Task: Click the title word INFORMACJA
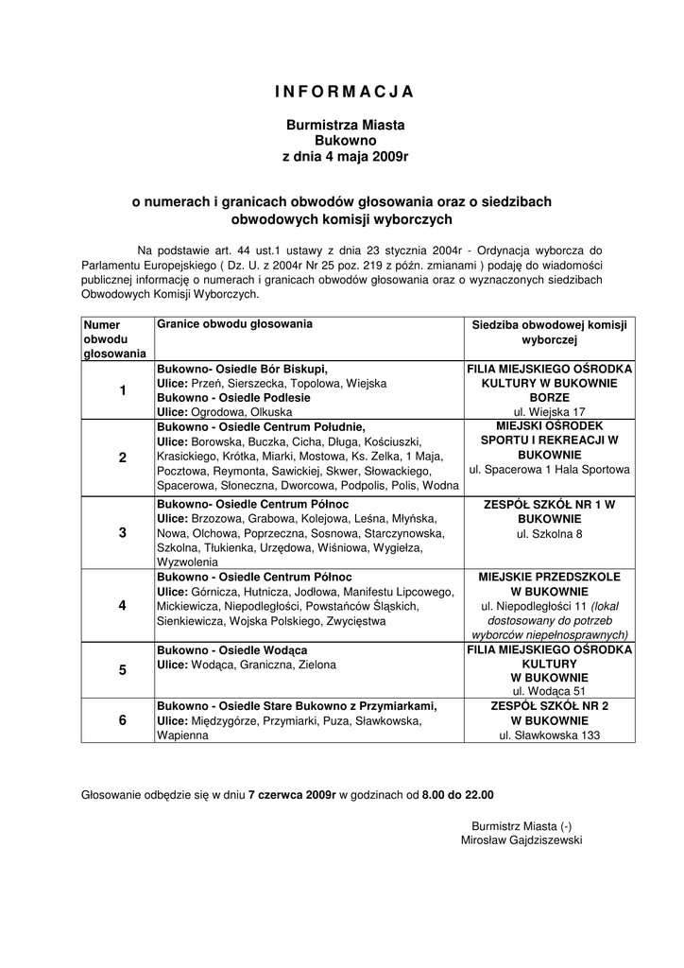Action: click(344, 92)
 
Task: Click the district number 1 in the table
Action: click(122, 390)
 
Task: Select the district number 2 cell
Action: click(122, 458)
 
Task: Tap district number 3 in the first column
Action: click(122, 532)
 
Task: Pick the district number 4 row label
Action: click(122, 606)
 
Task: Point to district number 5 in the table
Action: click(122, 670)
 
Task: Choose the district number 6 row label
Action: click(122, 720)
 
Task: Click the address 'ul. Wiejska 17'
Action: click(549, 412)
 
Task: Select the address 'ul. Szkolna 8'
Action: click(549, 534)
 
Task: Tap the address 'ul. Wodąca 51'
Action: click(549, 691)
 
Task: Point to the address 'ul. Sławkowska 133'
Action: click(549, 735)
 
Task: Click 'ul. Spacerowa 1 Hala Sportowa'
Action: click(549, 470)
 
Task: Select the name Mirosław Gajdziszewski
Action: click(522, 839)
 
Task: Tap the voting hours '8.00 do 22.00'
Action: click(457, 795)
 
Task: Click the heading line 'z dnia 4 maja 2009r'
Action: click(345, 155)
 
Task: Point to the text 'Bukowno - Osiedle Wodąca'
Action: click(231, 650)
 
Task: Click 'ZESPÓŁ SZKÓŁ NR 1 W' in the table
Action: click(549, 505)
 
